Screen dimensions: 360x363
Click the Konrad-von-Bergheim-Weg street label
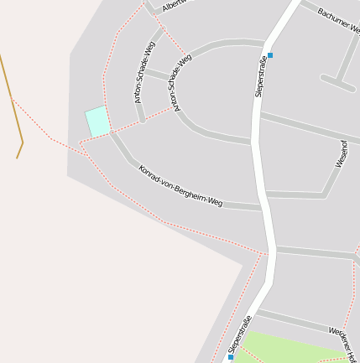click(x=180, y=185)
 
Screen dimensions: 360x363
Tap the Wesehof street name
click(x=341, y=153)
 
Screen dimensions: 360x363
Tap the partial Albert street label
click(x=175, y=5)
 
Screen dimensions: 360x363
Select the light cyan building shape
click(x=97, y=122)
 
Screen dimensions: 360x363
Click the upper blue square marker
click(x=270, y=55)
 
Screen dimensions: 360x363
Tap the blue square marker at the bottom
click(x=231, y=356)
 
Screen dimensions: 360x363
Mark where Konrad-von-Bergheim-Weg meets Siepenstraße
click(x=262, y=206)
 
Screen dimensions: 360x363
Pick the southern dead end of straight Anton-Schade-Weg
click(x=143, y=120)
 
